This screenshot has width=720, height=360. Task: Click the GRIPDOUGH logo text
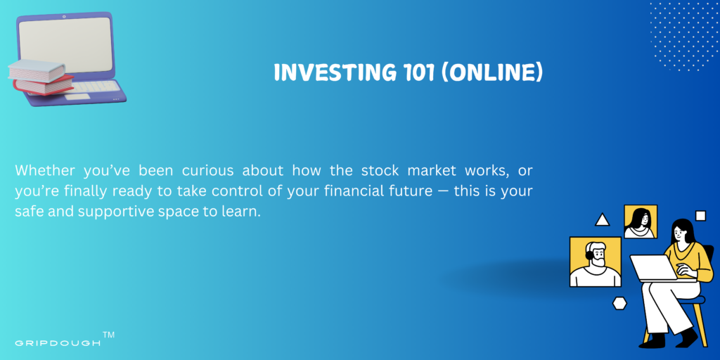pos(58,343)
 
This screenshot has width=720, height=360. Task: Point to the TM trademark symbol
pos(109,335)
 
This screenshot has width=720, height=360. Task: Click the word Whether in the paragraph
pos(44,170)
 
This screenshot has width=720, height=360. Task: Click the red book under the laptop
pos(43,85)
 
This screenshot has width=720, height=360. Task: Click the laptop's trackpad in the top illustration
pos(77,97)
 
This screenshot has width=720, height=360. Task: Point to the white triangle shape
pos(602,221)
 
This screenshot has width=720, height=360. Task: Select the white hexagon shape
pos(620,303)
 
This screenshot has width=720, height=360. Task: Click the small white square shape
pos(701,215)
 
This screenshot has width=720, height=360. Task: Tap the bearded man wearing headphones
pos(595,262)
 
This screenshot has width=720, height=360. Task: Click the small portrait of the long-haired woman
pos(640,221)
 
